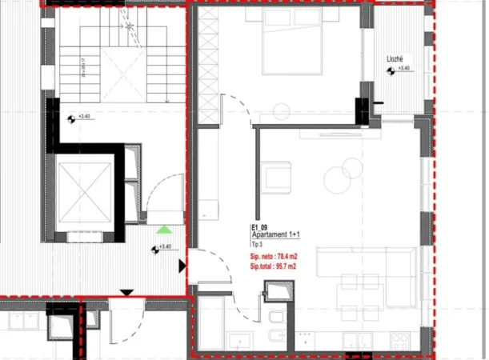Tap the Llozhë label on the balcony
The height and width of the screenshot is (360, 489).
(394, 59)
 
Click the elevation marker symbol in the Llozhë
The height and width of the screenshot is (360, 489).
(391, 71)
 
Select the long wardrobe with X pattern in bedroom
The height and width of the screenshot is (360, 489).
(207, 64)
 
